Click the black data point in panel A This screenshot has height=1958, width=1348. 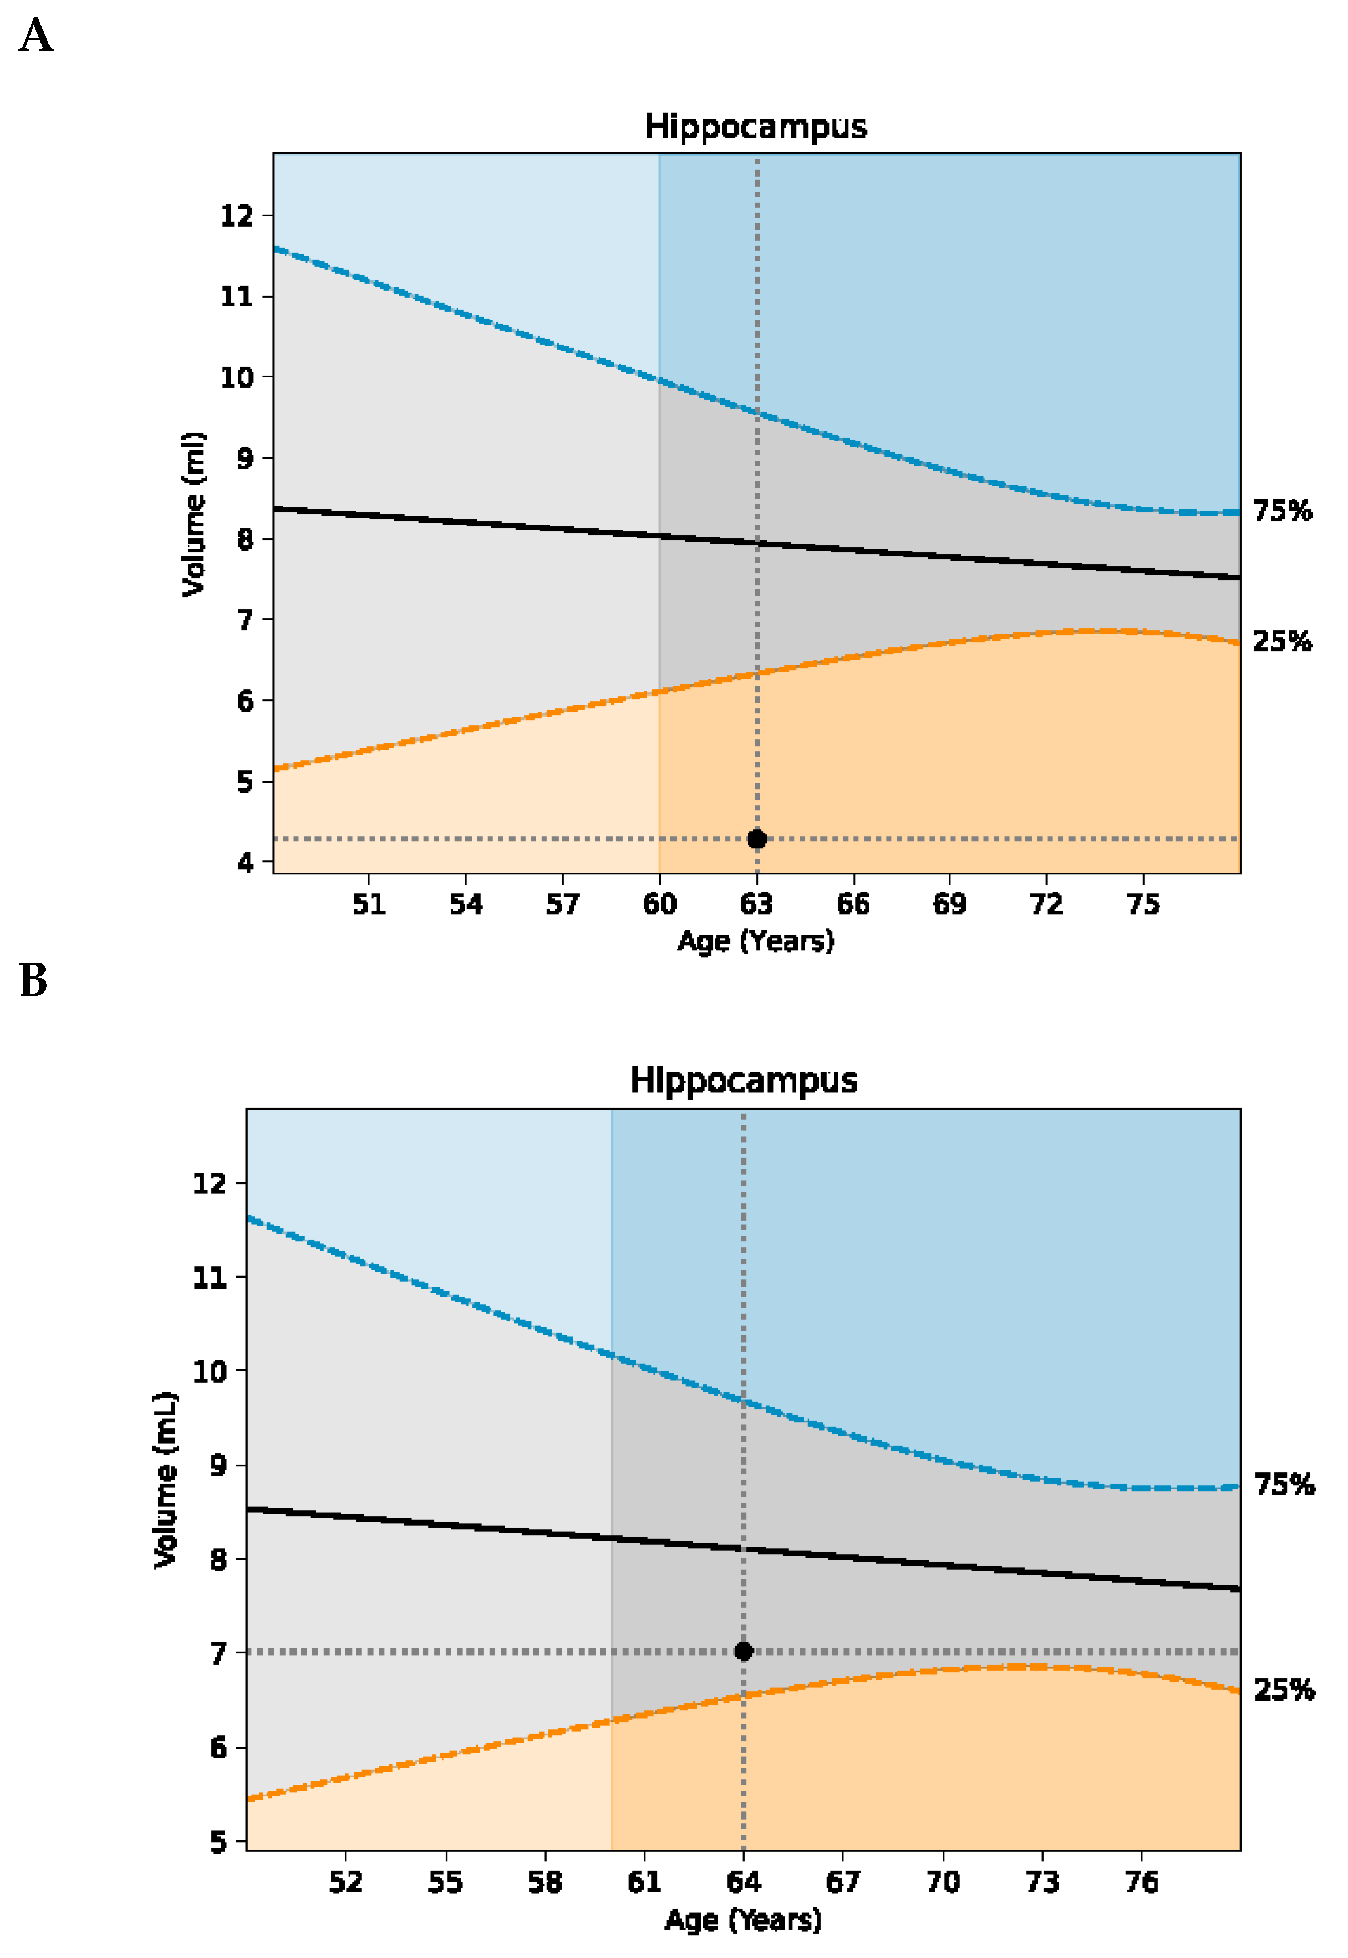pos(757,839)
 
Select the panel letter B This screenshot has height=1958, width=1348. pos(34,980)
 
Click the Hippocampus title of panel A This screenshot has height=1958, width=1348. pos(756,126)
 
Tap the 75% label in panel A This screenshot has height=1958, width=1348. pos(1282,511)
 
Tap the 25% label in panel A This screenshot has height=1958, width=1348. pos(1282,642)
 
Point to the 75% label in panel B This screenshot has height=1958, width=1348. pos(1284,1484)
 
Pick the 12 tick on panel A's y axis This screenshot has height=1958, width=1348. pos(237,216)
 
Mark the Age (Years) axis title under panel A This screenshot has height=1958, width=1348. pos(756,941)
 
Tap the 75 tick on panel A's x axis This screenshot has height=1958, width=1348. pos(1144,904)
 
